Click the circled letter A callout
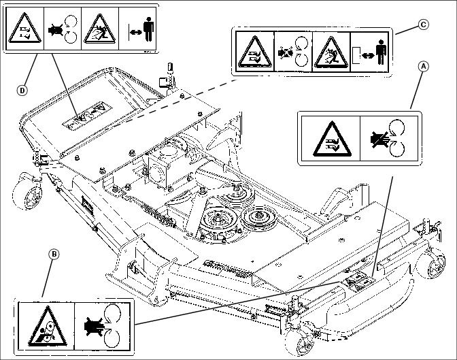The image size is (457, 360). pyautogui.click(x=424, y=67)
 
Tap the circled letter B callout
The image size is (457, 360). pyautogui.click(x=54, y=255)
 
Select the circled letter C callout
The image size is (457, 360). pyautogui.click(x=422, y=25)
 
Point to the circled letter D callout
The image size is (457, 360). pyautogui.click(x=22, y=88)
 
